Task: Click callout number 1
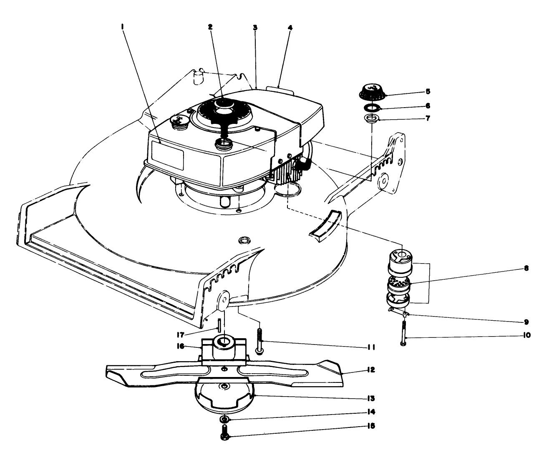(122, 26)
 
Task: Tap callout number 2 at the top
(210, 26)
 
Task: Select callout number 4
(290, 28)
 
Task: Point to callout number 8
(526, 269)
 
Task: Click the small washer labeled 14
(224, 419)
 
